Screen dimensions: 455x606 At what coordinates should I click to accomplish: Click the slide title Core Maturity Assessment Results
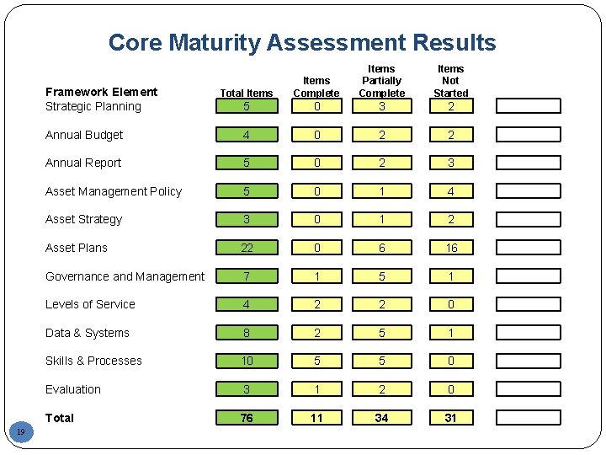[302, 42]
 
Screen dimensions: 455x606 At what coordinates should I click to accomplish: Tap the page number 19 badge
[21, 432]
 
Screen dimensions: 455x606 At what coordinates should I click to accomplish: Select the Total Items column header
[246, 93]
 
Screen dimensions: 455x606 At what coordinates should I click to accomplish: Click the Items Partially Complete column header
[381, 81]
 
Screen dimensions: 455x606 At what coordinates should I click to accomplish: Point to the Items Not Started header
[450, 81]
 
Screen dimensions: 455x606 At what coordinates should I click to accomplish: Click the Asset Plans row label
[77, 248]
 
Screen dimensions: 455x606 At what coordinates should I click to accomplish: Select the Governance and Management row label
[125, 276]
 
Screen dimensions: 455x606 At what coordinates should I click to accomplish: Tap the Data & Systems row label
[88, 333]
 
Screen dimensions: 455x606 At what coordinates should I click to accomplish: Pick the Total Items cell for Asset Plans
[247, 248]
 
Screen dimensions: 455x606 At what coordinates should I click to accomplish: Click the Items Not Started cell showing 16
[450, 248]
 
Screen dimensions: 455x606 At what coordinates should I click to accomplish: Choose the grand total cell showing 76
[247, 418]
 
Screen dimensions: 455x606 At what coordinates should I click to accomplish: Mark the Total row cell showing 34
[381, 418]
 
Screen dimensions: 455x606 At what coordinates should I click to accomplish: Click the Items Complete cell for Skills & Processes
[316, 361]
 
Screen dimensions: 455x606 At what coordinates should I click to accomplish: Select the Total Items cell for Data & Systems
[247, 333]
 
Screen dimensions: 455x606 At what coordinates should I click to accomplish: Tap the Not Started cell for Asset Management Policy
[450, 191]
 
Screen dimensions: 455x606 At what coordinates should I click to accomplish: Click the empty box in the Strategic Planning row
[528, 106]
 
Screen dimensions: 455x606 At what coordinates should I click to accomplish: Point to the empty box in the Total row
[528, 418]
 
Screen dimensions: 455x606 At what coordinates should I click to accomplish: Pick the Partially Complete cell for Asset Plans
[381, 248]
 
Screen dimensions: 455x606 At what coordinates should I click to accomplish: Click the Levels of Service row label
[90, 304]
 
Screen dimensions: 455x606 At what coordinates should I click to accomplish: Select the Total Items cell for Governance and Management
[247, 276]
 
